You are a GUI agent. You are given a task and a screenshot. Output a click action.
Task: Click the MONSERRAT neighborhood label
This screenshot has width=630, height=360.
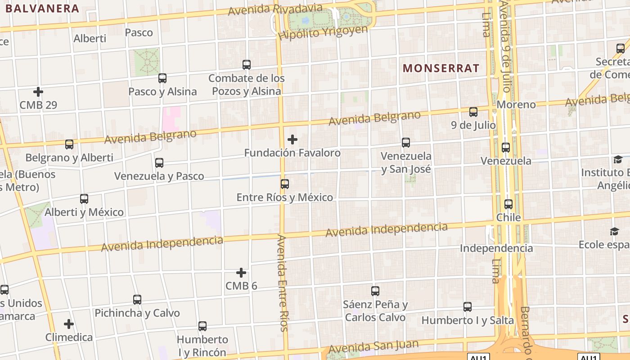pyautogui.click(x=441, y=68)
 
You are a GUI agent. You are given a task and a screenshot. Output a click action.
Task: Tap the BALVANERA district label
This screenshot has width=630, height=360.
pyautogui.click(x=43, y=8)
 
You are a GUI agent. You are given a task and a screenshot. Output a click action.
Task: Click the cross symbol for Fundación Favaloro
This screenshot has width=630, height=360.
pyautogui.click(x=292, y=139)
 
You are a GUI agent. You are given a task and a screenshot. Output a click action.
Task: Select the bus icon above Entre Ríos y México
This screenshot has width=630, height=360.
pyautogui.click(x=284, y=184)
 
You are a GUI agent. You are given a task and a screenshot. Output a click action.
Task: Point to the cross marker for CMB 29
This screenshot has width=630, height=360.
pyautogui.click(x=38, y=92)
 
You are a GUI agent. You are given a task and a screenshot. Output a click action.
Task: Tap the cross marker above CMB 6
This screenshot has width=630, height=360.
pyautogui.click(x=241, y=273)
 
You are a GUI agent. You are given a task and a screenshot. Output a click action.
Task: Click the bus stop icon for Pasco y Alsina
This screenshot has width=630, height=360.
pyautogui.click(x=162, y=78)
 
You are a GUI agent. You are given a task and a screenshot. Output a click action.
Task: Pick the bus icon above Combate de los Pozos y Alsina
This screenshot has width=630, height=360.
pyautogui.click(x=247, y=64)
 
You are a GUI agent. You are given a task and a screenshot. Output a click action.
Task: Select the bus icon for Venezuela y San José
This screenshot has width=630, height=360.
pyautogui.click(x=406, y=143)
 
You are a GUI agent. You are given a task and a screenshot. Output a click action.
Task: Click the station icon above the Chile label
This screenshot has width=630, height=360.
pyautogui.click(x=508, y=204)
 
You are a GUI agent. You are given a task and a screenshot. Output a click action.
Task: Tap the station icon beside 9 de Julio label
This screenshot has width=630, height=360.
pyautogui.click(x=473, y=112)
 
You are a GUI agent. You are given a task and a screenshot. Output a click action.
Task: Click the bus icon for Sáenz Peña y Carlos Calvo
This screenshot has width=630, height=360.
pyautogui.click(x=375, y=291)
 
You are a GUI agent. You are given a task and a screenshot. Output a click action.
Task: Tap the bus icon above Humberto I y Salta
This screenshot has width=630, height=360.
pyautogui.click(x=468, y=307)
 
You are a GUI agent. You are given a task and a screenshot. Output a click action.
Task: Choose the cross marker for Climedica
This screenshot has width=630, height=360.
pyautogui.click(x=69, y=324)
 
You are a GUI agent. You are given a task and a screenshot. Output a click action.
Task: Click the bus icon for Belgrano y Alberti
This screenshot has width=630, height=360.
pyautogui.click(x=69, y=144)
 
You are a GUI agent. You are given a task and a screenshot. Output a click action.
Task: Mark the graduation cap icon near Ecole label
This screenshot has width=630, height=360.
pyautogui.click(x=614, y=231)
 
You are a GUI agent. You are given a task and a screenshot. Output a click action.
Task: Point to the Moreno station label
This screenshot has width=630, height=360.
pyautogui.click(x=516, y=105)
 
